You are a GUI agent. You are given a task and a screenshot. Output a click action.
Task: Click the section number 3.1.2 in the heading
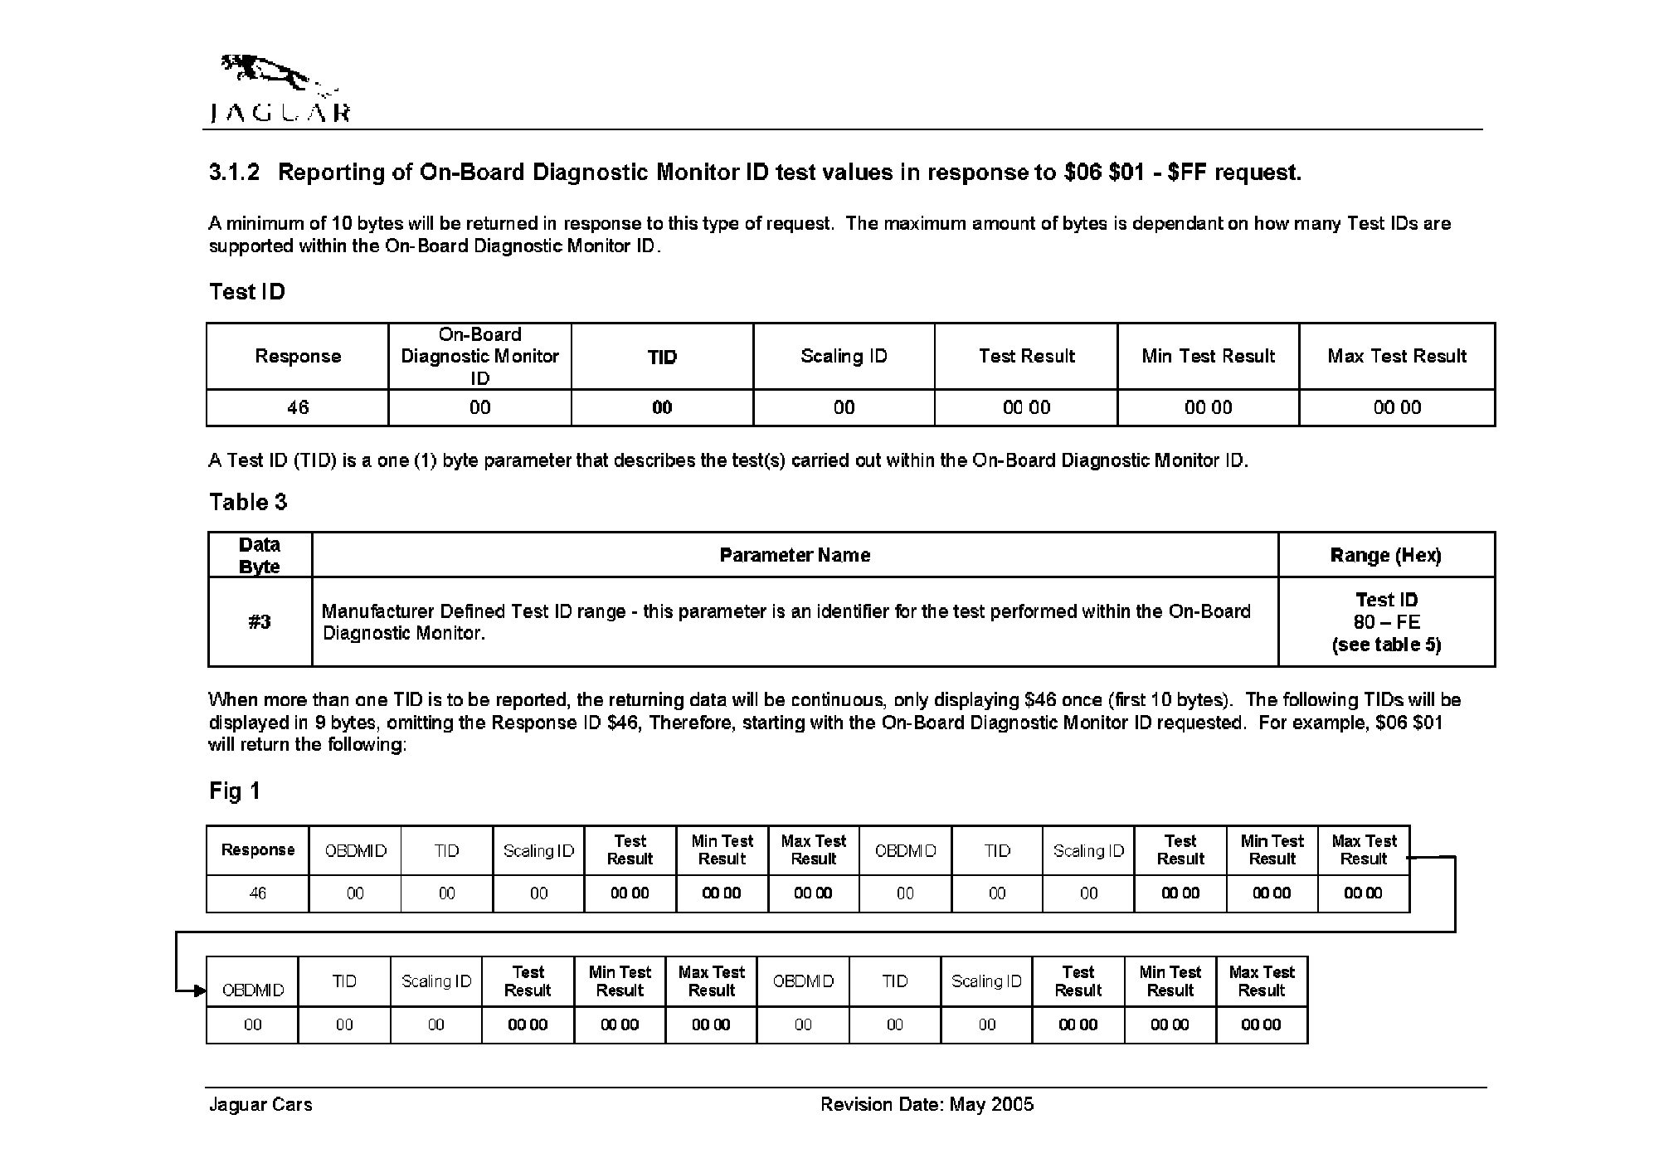tap(234, 173)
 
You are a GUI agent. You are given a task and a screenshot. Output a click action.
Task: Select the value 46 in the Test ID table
tap(298, 407)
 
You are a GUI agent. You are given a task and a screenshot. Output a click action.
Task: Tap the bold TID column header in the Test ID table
tap(662, 357)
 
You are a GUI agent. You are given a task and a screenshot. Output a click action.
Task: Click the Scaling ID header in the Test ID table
tap(844, 356)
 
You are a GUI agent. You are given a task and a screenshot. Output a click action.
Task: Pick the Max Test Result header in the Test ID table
tap(1397, 356)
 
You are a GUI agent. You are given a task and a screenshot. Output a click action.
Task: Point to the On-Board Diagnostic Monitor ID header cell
tap(479, 356)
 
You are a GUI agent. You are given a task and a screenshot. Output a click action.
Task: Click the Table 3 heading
tap(248, 502)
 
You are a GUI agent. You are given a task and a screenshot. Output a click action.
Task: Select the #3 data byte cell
tap(260, 622)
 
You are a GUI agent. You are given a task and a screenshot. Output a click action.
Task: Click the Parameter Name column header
tap(795, 555)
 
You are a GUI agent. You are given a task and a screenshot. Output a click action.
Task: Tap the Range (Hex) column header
tap(1385, 555)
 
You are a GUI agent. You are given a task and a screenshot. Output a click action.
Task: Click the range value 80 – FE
tap(1386, 622)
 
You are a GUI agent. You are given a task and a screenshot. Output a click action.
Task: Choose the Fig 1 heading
tap(235, 791)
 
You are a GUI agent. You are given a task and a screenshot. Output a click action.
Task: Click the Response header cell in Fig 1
tap(258, 850)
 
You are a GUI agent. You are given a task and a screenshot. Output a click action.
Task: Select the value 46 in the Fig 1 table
tap(258, 893)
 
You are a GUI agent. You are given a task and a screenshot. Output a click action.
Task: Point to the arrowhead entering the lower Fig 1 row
tap(199, 990)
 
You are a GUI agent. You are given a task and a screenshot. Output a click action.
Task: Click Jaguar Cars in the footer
tap(260, 1104)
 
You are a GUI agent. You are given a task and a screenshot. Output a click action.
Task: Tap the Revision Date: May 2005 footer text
tap(927, 1104)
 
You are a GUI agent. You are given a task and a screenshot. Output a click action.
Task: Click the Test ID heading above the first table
tap(247, 292)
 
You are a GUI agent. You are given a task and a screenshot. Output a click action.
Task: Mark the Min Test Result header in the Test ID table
tap(1208, 356)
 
